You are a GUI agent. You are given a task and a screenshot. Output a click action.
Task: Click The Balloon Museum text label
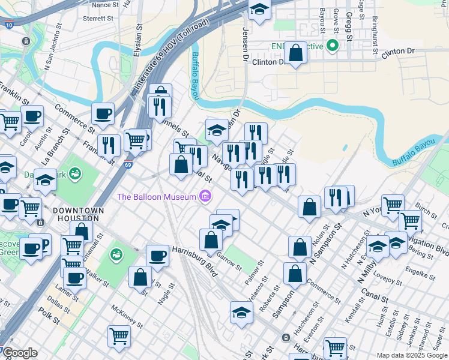[x=157, y=197]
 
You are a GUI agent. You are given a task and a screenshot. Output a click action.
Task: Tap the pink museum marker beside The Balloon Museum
[x=206, y=196]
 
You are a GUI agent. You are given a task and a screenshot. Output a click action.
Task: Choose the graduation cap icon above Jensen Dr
[x=259, y=10]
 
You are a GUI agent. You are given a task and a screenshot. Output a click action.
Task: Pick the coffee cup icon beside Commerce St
[x=103, y=113]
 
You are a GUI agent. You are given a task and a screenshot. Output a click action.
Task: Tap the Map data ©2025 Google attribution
[x=411, y=355]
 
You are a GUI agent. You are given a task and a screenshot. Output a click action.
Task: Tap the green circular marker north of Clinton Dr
[x=330, y=46]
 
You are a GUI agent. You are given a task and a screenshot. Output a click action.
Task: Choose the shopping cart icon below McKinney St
[x=119, y=336]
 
